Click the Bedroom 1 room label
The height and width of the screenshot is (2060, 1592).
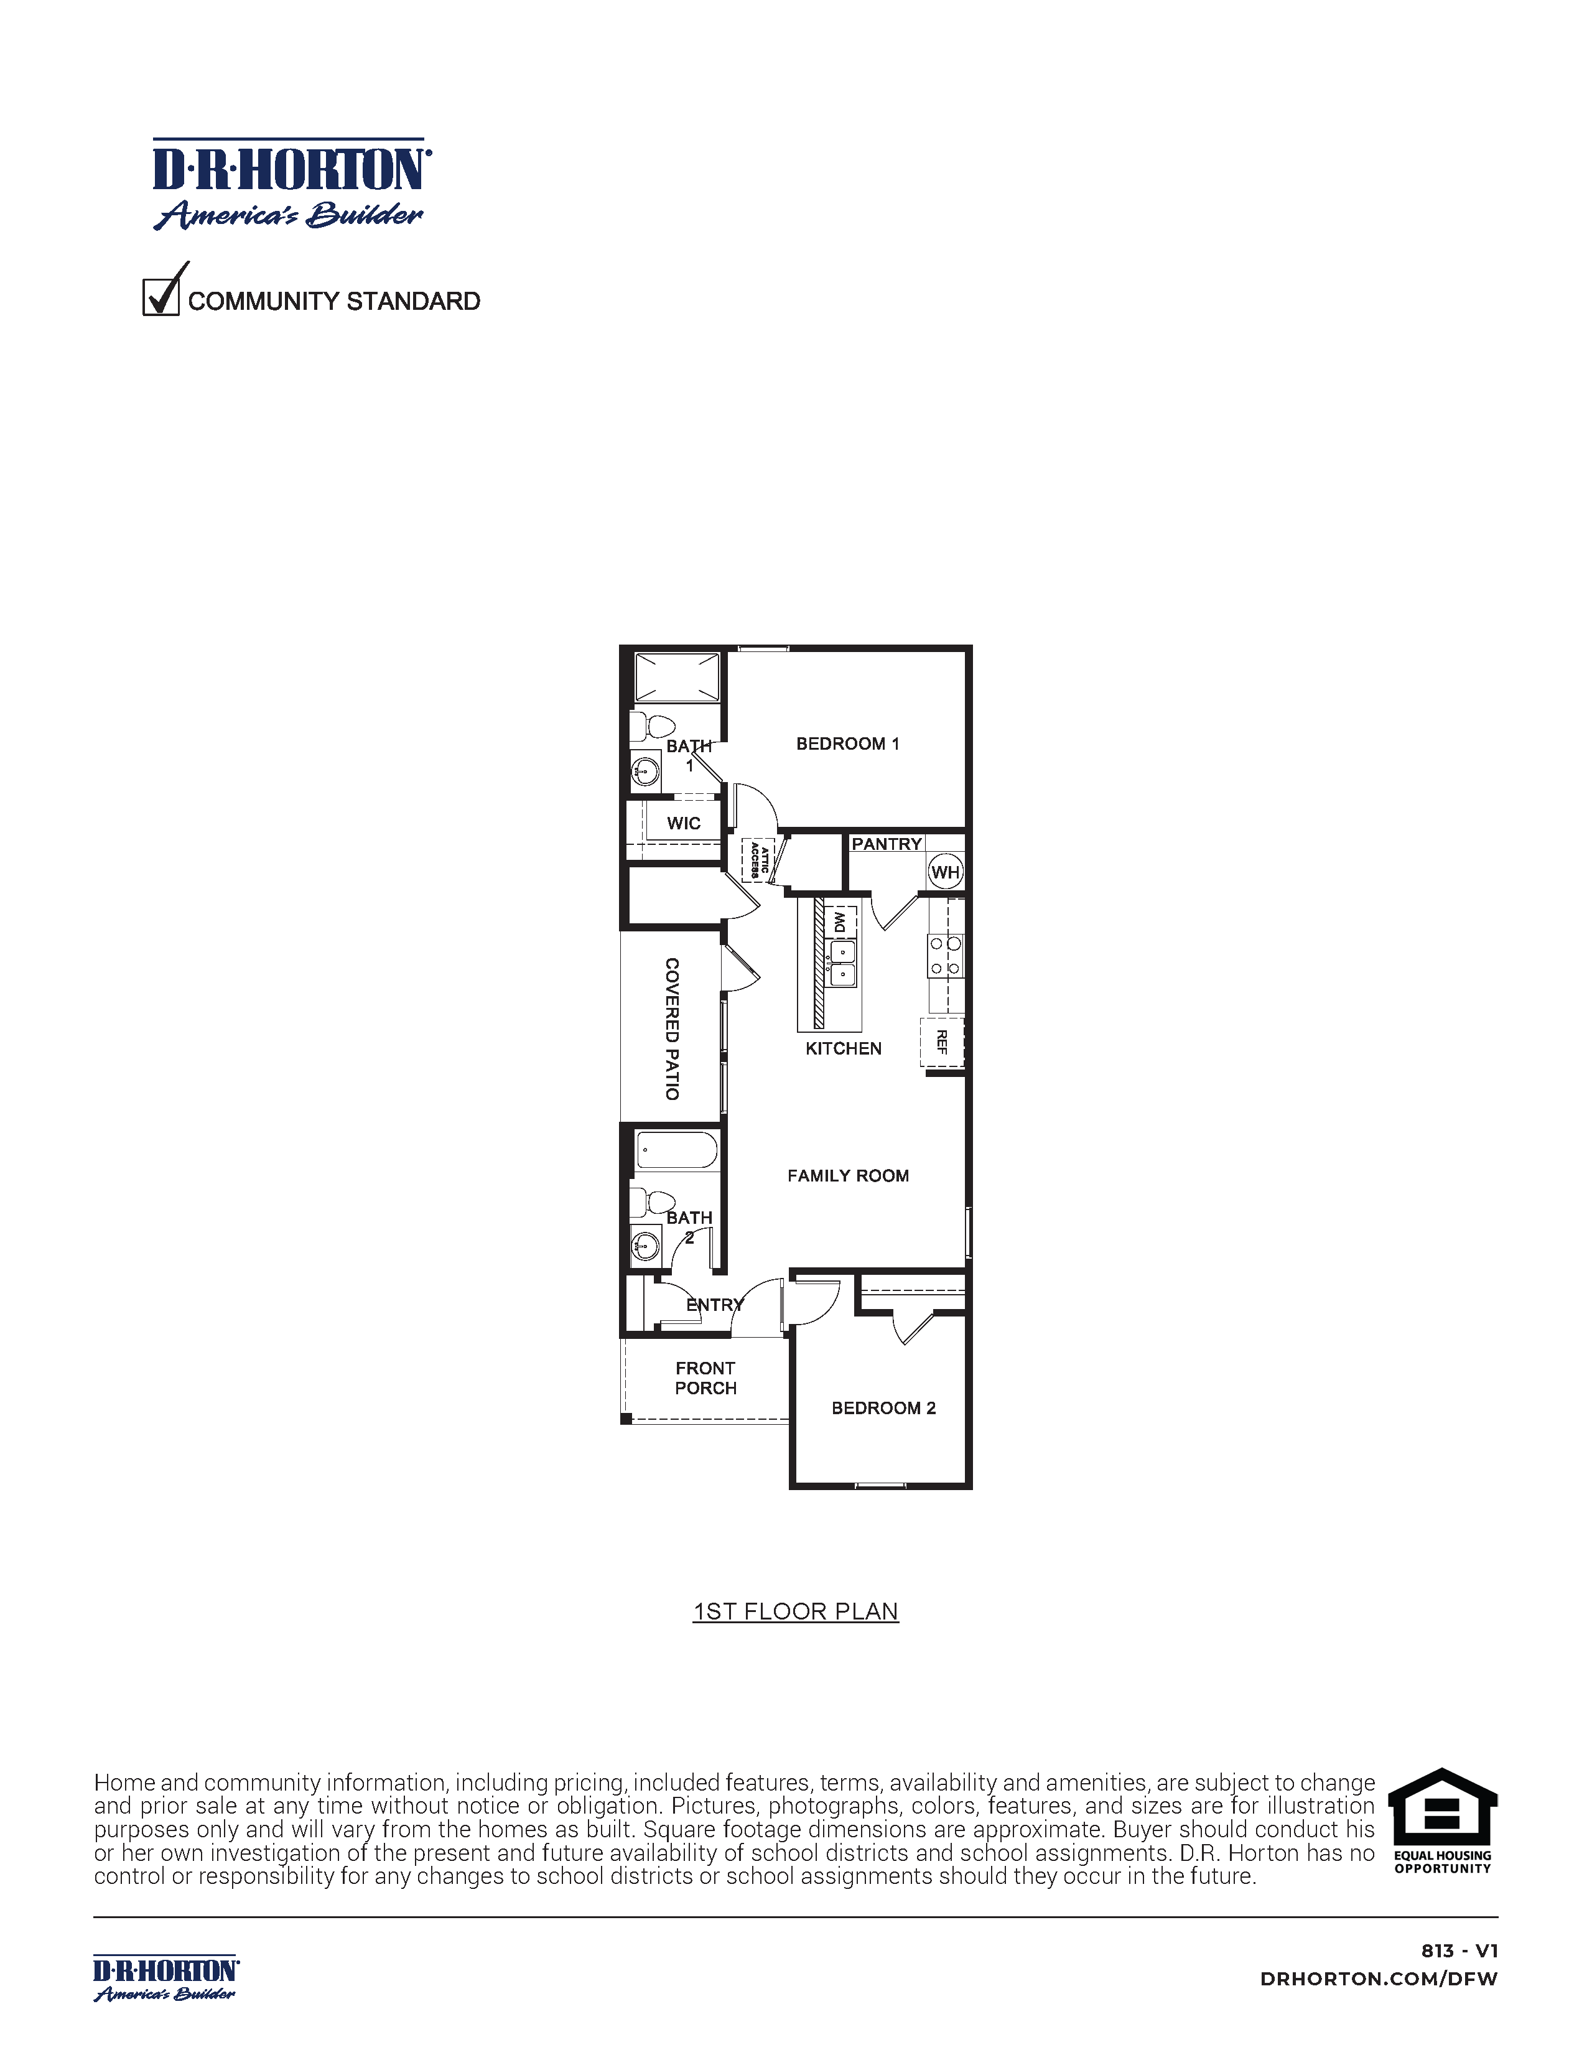[847, 743]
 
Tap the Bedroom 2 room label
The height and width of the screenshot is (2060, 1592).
[883, 1407]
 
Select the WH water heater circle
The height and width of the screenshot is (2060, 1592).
[945, 872]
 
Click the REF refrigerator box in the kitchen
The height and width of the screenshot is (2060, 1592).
[942, 1042]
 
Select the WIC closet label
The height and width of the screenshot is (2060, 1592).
[683, 823]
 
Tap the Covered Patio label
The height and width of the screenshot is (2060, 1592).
[671, 1028]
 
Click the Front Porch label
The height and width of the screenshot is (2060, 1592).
[705, 1377]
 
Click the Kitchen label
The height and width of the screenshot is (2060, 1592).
[843, 1048]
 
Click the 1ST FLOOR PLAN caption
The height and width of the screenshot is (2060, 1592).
[795, 1611]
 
